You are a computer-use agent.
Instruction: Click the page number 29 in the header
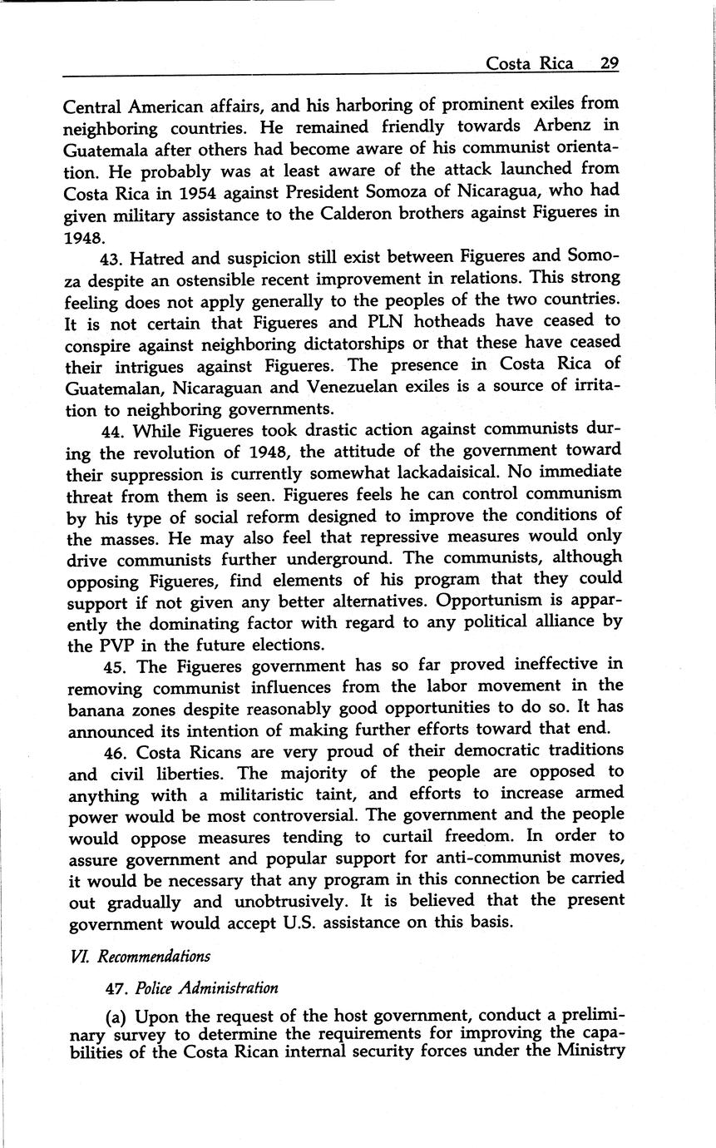tap(609, 64)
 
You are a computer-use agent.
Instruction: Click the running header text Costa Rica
tap(529, 64)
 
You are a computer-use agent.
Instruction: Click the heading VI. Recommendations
tap(140, 956)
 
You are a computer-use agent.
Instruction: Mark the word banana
tap(94, 709)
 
